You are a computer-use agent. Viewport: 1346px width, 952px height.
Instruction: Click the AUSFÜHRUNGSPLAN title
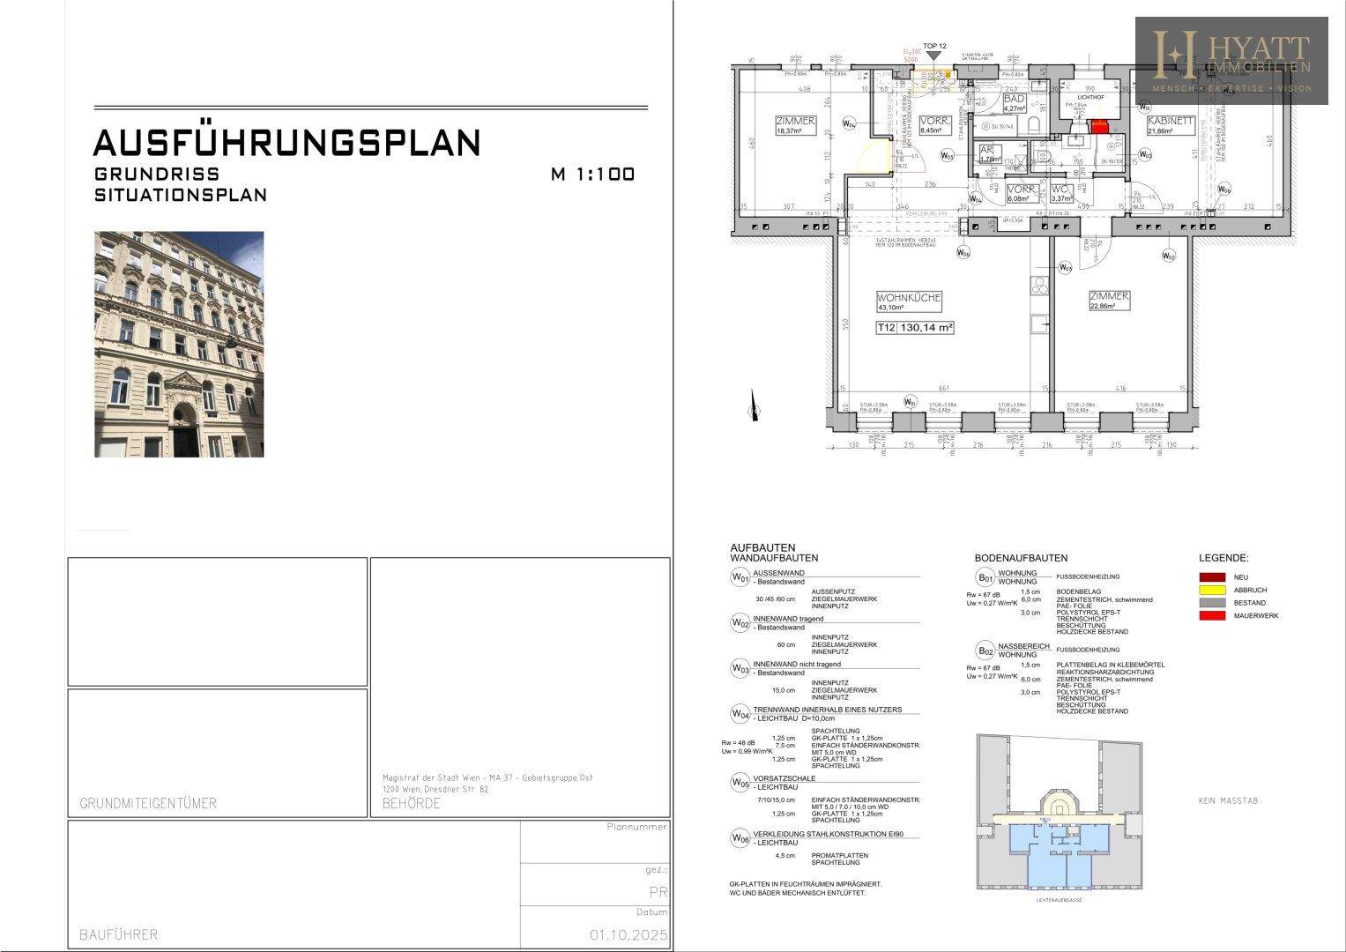click(x=286, y=143)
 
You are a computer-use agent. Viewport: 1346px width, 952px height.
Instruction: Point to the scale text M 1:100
click(x=592, y=175)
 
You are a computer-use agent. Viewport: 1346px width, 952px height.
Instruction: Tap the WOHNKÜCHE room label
click(x=909, y=298)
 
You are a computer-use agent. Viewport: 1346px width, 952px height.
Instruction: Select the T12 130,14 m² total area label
click(x=915, y=327)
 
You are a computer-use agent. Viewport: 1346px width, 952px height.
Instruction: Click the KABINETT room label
click(x=1170, y=122)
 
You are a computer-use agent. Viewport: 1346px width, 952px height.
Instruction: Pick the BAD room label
click(x=1014, y=100)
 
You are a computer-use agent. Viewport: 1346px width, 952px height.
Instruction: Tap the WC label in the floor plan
click(x=1059, y=189)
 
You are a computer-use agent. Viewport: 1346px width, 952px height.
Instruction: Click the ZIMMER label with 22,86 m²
click(x=1109, y=297)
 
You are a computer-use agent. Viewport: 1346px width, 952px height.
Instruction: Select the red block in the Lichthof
click(x=1099, y=126)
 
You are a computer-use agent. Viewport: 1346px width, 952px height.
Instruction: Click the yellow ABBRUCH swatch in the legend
click(x=1212, y=590)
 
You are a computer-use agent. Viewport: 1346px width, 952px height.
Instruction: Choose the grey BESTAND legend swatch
click(x=1212, y=603)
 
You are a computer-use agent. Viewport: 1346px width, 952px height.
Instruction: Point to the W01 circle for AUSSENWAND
click(x=740, y=578)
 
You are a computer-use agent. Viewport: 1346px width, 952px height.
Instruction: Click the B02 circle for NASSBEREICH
click(x=985, y=651)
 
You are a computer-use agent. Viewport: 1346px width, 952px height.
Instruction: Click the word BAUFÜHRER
click(x=118, y=934)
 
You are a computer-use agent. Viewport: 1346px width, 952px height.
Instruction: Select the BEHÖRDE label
click(x=411, y=803)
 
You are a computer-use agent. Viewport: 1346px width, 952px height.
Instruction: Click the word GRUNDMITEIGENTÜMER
click(x=147, y=803)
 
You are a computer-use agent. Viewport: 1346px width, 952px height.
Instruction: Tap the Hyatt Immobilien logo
click(x=1231, y=61)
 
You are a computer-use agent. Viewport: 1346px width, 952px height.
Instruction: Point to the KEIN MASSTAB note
click(x=1229, y=800)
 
